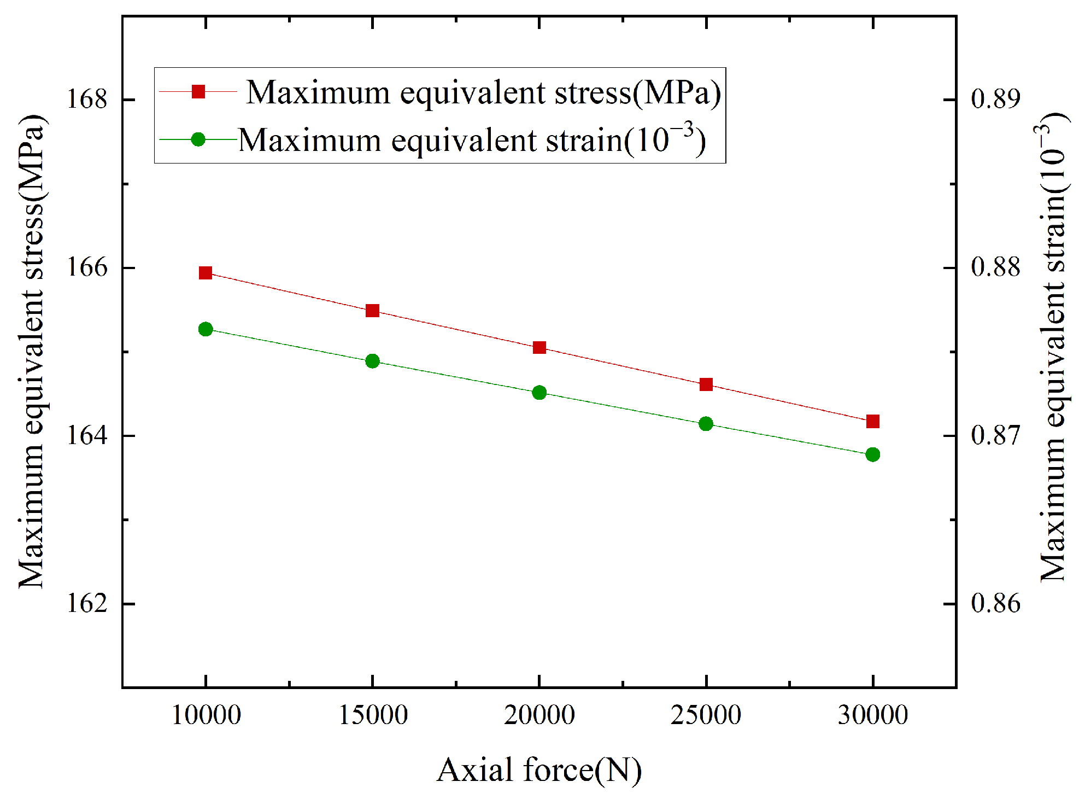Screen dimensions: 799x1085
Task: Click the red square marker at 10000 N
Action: [206, 273]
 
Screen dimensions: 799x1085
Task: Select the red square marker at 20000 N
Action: [539, 348]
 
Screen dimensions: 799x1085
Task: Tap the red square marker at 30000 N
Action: [873, 421]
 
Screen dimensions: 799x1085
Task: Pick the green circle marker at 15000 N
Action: [372, 361]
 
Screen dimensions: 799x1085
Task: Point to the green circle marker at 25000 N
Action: [706, 424]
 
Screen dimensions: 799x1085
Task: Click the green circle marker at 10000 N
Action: [206, 329]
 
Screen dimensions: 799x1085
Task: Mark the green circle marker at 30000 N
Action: [873, 454]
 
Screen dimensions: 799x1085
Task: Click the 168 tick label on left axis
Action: [86, 100]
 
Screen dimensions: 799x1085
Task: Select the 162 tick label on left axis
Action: [86, 604]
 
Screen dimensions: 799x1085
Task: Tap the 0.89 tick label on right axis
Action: [995, 100]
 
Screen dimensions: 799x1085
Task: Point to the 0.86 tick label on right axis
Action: [995, 604]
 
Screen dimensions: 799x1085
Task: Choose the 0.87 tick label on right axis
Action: [995, 436]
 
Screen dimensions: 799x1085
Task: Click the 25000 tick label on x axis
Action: [706, 715]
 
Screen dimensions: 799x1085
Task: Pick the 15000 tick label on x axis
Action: [373, 715]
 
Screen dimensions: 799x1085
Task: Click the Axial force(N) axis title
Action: [539, 771]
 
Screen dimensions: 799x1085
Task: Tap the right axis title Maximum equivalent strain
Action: [1052, 347]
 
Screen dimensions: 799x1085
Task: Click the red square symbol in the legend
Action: [198, 91]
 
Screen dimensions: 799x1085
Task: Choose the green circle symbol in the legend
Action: [198, 139]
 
